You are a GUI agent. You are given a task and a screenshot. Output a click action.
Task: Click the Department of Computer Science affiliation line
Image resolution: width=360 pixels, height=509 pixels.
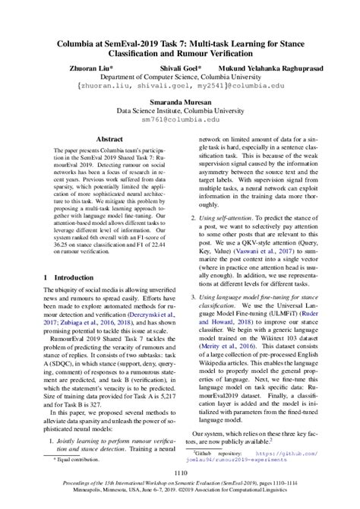180,77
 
